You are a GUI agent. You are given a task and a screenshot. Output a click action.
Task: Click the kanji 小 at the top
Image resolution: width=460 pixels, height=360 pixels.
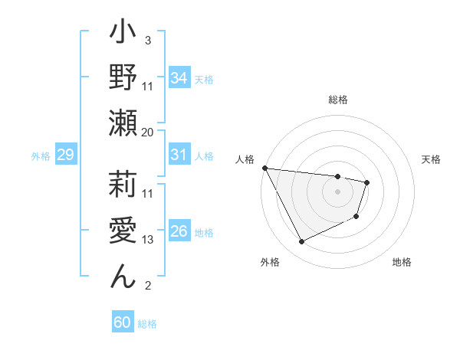pyautogui.click(x=123, y=34)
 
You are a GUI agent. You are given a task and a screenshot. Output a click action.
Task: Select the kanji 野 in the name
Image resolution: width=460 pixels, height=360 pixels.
pyautogui.click(x=123, y=79)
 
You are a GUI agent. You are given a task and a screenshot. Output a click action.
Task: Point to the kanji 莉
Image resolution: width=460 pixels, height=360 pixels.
pyautogui.click(x=123, y=185)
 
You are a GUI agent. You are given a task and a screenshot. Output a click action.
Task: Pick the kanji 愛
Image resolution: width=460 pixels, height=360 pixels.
pyautogui.click(x=123, y=231)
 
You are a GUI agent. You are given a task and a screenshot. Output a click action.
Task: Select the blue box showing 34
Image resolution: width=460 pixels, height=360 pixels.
pyautogui.click(x=179, y=77)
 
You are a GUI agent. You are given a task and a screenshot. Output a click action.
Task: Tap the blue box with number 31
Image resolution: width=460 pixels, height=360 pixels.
pyautogui.click(x=179, y=155)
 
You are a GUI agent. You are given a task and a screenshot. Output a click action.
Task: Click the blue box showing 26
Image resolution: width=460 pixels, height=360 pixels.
pyautogui.click(x=179, y=231)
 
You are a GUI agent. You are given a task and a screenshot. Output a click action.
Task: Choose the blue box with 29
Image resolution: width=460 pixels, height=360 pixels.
pyautogui.click(x=65, y=155)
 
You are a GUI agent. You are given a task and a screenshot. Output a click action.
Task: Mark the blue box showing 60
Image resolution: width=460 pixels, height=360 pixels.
pyautogui.click(x=123, y=322)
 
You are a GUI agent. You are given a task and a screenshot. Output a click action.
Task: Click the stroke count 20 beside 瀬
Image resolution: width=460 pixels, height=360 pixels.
pyautogui.click(x=148, y=133)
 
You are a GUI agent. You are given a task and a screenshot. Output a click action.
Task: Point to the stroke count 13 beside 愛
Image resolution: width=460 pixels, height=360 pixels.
pyautogui.click(x=148, y=240)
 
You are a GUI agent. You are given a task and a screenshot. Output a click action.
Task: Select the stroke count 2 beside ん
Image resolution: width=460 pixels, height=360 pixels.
pyautogui.click(x=148, y=286)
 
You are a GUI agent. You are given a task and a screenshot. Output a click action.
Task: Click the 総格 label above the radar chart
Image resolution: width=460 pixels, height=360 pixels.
pyautogui.click(x=337, y=100)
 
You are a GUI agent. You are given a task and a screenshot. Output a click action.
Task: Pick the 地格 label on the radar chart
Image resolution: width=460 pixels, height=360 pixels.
pyautogui.click(x=402, y=262)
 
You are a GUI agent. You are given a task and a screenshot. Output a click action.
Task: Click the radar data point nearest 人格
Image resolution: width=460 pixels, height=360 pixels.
pyautogui.click(x=264, y=168)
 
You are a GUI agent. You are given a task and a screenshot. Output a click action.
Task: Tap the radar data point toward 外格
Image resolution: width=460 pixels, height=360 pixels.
pyautogui.click(x=301, y=242)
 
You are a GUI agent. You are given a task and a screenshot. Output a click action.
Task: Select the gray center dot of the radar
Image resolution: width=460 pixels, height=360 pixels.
pyautogui.click(x=337, y=191)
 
